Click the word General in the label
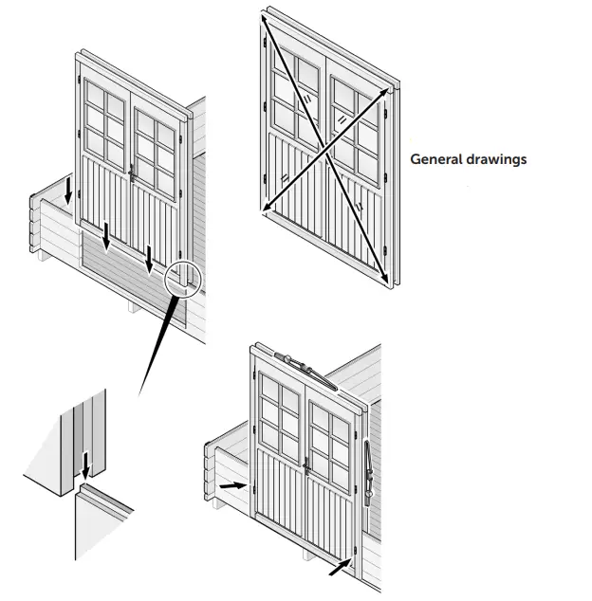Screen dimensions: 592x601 (433, 159)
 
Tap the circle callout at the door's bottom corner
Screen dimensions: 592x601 (183, 281)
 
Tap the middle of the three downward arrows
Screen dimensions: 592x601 (107, 237)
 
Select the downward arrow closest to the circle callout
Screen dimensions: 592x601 (149, 256)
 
